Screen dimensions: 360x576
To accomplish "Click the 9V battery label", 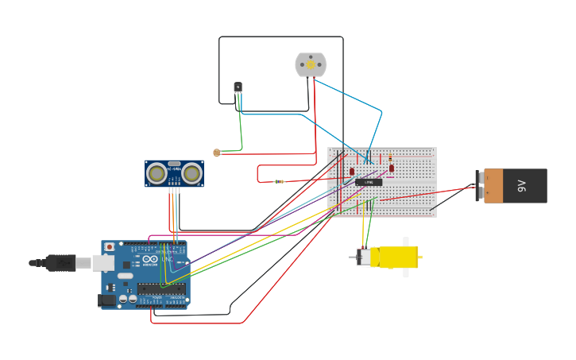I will click(521, 186).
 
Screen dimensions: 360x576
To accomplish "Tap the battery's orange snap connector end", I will click(493, 186).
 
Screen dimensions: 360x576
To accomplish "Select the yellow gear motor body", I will click(398, 257).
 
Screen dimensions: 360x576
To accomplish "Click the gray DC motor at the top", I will click(311, 65).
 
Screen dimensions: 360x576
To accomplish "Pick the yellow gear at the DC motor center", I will click(311, 65).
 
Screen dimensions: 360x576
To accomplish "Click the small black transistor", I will click(238, 87).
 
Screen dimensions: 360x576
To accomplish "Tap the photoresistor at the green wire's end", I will click(216, 153).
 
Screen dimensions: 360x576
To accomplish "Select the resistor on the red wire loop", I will click(279, 182).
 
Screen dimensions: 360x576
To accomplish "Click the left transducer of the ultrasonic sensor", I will click(157, 173).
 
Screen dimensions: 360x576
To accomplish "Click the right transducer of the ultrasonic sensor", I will click(191, 173).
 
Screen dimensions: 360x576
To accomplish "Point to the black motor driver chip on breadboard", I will click(369, 182).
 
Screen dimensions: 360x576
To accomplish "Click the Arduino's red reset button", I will click(110, 247).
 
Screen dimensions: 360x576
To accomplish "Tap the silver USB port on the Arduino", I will click(102, 262).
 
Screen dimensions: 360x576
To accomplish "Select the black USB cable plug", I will click(60, 262).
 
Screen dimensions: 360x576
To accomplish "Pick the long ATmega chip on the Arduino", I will click(161, 288).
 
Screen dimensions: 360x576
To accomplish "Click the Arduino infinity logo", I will click(150, 259).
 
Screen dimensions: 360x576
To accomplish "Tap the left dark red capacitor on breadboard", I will click(352, 171).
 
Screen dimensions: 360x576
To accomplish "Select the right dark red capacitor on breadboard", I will click(391, 168).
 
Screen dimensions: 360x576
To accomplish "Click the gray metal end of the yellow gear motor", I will click(364, 257).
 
